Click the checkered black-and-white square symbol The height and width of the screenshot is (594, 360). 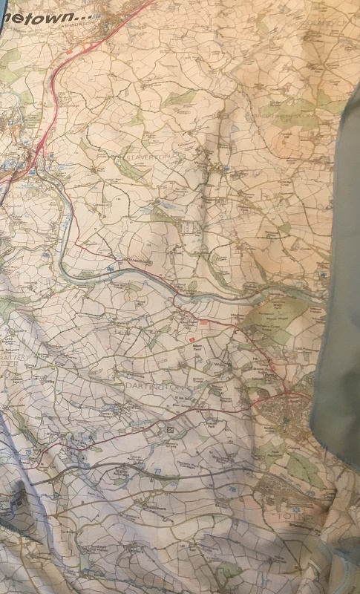click(x=171, y=430)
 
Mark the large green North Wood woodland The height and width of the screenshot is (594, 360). click(x=267, y=319)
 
